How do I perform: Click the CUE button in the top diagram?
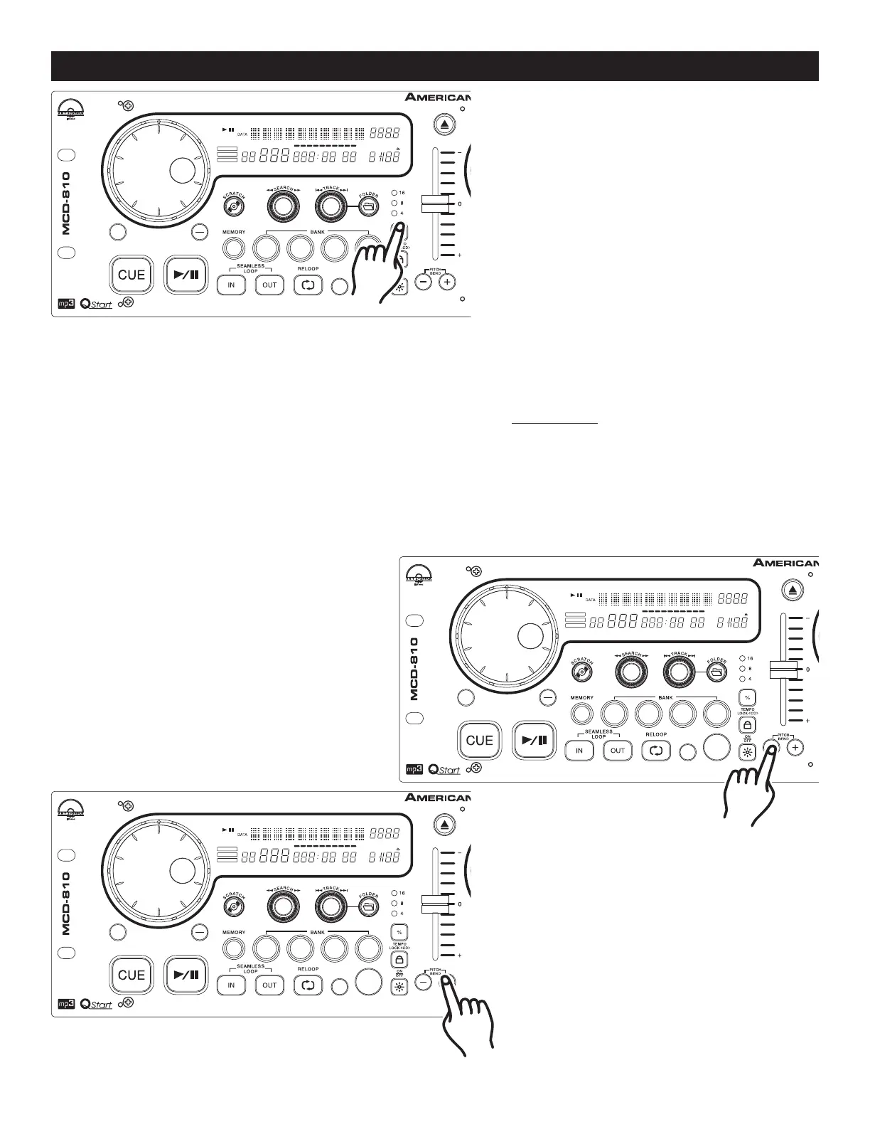(x=131, y=275)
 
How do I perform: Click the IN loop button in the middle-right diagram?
(x=579, y=751)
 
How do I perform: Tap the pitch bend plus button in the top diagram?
(x=446, y=282)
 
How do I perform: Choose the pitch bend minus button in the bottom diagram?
(x=424, y=983)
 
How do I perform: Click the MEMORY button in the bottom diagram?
(x=233, y=948)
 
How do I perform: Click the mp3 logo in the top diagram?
(x=65, y=305)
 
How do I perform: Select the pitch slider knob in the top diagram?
(x=435, y=204)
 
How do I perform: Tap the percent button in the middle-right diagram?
(x=747, y=697)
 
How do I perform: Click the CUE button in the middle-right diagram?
(x=480, y=740)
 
